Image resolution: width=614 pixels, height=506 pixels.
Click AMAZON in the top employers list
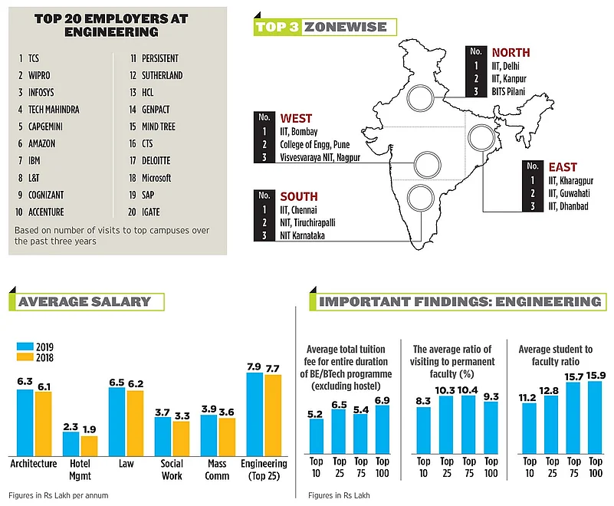(41, 143)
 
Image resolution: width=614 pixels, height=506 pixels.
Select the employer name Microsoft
(157, 178)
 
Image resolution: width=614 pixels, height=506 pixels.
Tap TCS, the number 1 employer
(34, 58)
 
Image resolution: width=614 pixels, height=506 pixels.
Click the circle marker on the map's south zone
(420, 197)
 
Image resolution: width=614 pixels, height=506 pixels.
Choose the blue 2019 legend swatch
(23, 346)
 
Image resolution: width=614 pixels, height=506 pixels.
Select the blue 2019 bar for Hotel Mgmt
(71, 443)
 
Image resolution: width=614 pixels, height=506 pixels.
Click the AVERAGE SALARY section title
(84, 301)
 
